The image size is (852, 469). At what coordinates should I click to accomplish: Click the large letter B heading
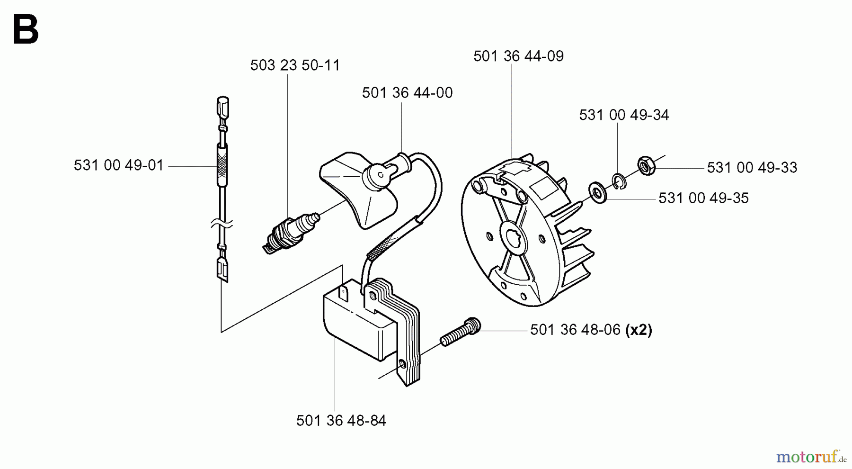pos(26,30)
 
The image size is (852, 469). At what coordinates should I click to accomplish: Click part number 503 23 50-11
pos(295,65)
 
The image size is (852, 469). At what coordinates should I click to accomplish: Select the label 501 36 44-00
pos(407,92)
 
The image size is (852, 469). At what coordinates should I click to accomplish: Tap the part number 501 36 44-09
pos(518,56)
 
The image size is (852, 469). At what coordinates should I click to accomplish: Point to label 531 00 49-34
pos(624,115)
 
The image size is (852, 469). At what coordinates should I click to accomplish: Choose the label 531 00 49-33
pos(752,167)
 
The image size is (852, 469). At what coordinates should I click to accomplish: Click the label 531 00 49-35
pos(703,198)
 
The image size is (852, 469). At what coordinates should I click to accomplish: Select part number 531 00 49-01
pos(118,165)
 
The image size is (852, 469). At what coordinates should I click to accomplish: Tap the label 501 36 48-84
pos(341,420)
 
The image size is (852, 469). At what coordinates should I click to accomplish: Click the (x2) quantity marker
pos(639,330)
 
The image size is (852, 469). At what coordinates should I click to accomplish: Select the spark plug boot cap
pos(360,189)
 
